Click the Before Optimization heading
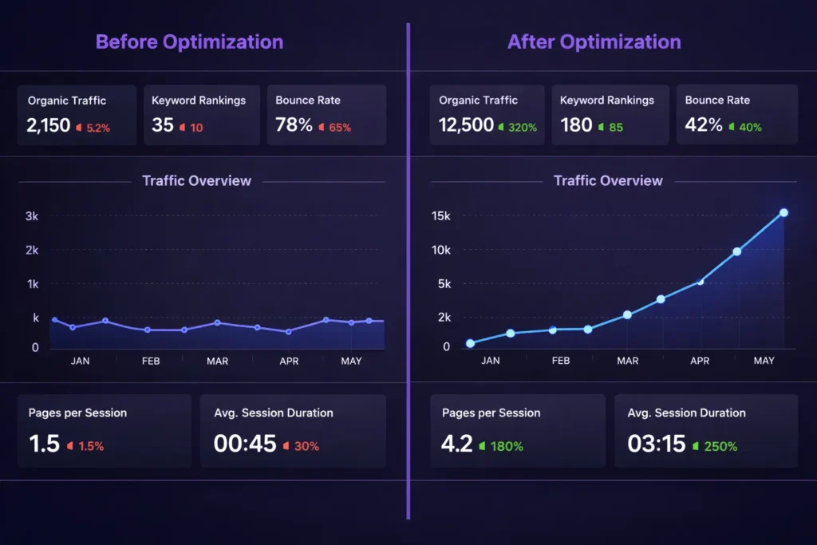point(189,41)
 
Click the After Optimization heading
point(594,41)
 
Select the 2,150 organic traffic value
point(49,125)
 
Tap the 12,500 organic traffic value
point(466,125)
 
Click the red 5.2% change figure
point(97,127)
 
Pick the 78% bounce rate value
point(294,125)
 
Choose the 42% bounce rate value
point(704,125)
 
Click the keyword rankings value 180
point(576,125)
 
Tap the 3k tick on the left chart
point(32,216)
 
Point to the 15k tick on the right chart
point(441,216)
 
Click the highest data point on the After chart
point(783,212)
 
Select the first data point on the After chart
point(470,343)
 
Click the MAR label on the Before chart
point(217,361)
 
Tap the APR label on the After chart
point(700,361)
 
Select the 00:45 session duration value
point(245,444)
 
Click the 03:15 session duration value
point(657,444)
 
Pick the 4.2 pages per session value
point(456,444)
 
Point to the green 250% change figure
point(720,447)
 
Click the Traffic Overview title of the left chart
point(196,181)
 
